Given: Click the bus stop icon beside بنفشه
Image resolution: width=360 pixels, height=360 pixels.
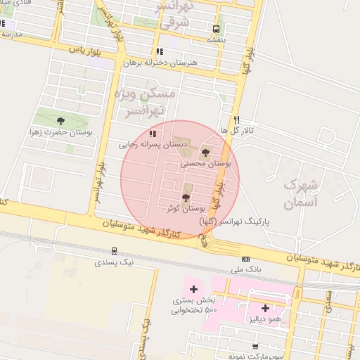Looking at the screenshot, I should click(x=216, y=29).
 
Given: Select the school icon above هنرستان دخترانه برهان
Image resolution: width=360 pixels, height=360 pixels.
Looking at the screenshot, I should click(x=160, y=51).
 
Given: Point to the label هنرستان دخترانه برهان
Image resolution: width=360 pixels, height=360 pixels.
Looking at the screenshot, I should click(x=160, y=63).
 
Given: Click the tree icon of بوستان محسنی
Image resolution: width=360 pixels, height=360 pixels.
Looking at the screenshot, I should click(x=205, y=152).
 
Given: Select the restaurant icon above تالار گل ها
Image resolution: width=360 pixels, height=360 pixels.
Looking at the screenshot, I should click(x=237, y=120).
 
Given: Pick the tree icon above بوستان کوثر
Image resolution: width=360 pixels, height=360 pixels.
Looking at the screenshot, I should click(x=186, y=198).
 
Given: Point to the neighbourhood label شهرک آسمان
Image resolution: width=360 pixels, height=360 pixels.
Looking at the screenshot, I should click(x=300, y=194).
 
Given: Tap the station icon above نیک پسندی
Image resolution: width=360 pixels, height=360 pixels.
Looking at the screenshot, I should click(x=115, y=250).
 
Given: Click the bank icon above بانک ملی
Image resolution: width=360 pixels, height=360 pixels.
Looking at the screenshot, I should click(x=245, y=259).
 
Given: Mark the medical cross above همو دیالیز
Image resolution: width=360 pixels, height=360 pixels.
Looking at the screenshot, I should click(x=265, y=307).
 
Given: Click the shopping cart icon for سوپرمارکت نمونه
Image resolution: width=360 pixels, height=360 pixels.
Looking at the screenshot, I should click(x=255, y=346).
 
